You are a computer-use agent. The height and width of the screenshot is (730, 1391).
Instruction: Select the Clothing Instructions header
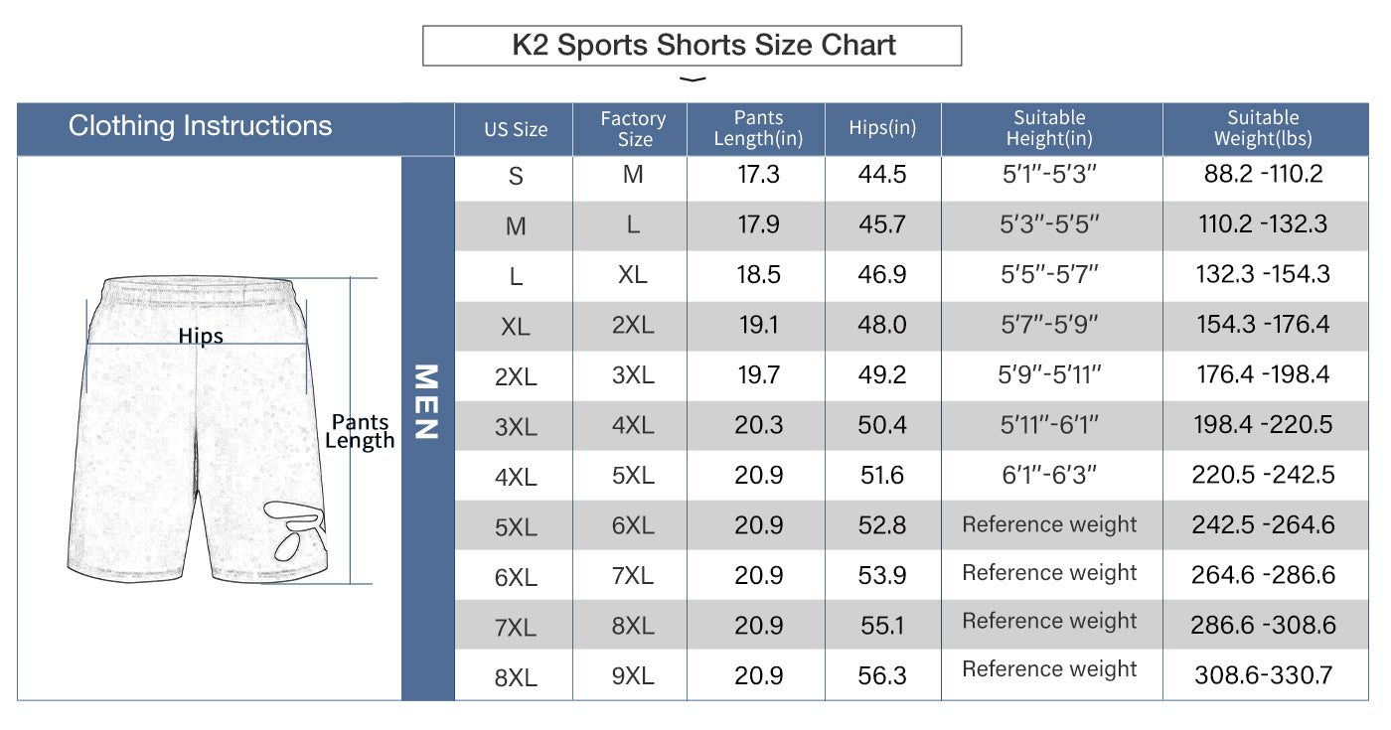tap(201, 126)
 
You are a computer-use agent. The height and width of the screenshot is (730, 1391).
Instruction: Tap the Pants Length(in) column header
tap(758, 128)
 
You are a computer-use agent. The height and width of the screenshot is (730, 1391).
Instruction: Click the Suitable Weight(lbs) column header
tap(1263, 128)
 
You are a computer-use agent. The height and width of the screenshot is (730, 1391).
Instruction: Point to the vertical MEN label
tap(426, 401)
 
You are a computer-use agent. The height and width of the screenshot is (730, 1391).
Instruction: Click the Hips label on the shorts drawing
tap(201, 336)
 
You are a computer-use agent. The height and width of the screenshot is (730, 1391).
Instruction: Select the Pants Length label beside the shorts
tap(361, 431)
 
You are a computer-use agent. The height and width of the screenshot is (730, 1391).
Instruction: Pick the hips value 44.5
tap(882, 175)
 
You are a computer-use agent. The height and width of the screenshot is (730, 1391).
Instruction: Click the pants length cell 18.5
tap(758, 275)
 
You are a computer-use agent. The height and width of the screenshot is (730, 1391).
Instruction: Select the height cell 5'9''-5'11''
tap(1050, 375)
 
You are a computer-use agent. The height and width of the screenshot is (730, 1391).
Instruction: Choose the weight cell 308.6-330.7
tap(1263, 675)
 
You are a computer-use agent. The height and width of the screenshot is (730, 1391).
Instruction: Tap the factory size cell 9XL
tap(633, 675)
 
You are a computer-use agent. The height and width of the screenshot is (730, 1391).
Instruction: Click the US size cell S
tap(515, 177)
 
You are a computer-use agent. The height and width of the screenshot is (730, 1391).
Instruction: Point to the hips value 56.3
tap(882, 675)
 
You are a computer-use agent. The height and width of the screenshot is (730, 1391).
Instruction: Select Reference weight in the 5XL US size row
tap(1049, 524)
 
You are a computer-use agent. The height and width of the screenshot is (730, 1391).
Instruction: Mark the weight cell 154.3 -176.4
tap(1263, 325)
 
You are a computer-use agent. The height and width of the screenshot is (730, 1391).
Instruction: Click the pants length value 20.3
tap(758, 425)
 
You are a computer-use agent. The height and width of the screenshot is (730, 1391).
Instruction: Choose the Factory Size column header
tap(633, 128)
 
